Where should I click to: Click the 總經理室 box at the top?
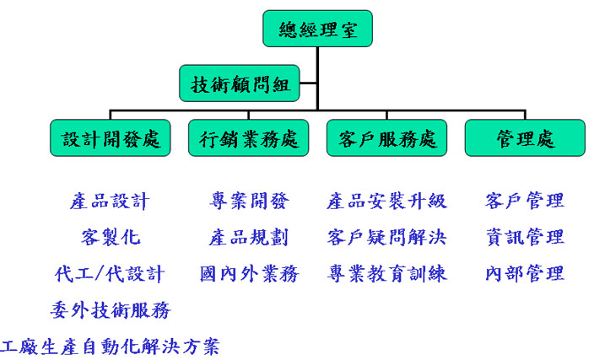[317, 29]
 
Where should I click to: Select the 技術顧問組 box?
[240, 83]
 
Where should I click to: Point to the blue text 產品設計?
[110, 201]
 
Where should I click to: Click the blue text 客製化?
[111, 237]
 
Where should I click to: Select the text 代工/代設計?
[110, 274]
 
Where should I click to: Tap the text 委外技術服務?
[110, 310]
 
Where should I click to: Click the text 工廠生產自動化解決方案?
[111, 346]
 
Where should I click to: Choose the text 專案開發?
[249, 201]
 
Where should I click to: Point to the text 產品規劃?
[249, 237]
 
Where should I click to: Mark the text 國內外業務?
[249, 274]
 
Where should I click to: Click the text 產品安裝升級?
[386, 201]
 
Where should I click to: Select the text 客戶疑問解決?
[386, 237]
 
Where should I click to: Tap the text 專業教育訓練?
[386, 274]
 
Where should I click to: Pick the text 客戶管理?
[525, 201]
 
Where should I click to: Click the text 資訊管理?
[525, 237]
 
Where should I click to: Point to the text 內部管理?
[525, 274]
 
